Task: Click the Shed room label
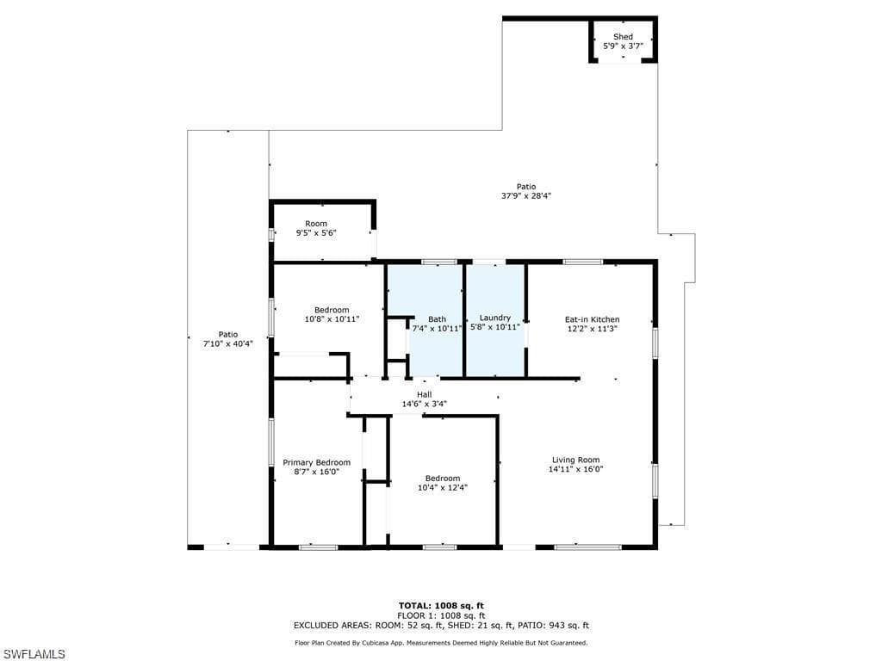click(x=623, y=36)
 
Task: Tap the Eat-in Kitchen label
click(x=592, y=319)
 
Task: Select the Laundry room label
click(x=495, y=318)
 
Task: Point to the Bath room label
click(x=438, y=318)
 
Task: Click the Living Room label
click(x=575, y=460)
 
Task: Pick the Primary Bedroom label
click(x=317, y=462)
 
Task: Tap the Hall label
click(x=424, y=394)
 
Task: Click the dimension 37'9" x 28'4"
click(x=526, y=195)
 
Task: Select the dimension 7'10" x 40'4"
click(x=227, y=343)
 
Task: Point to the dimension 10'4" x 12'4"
click(x=442, y=488)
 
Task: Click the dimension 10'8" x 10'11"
click(x=332, y=319)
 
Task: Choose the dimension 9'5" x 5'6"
click(x=316, y=232)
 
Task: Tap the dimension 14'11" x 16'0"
click(x=575, y=469)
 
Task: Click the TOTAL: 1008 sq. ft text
click(x=440, y=605)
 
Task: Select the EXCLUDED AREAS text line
click(x=440, y=626)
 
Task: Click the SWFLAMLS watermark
click(x=34, y=654)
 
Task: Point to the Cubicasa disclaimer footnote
click(x=440, y=643)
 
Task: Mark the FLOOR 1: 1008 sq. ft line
click(x=440, y=615)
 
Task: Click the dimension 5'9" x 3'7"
click(x=623, y=46)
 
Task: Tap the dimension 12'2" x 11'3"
click(x=592, y=328)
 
